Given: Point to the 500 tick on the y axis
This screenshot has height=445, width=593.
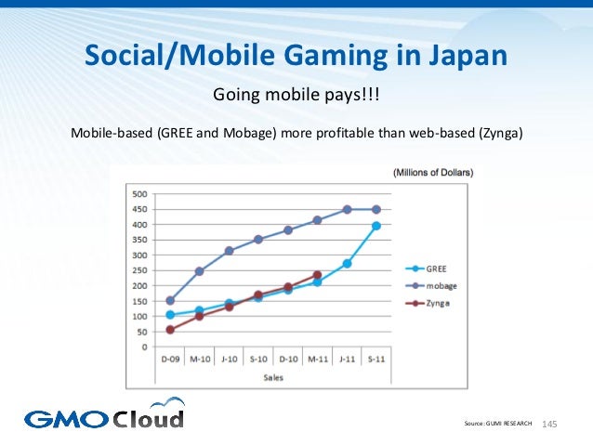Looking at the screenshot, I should pos(138,194).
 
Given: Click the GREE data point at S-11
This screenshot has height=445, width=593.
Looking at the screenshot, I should pos(376,226).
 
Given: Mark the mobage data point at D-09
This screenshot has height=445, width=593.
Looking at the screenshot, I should pos(170,301).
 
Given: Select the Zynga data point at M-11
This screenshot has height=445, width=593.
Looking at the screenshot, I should pos(317,275).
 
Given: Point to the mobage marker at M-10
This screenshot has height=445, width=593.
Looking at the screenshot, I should pos(199,271).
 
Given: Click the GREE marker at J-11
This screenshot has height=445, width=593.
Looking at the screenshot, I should pos(347,264).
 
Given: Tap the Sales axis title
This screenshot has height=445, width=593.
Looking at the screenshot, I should pos(272,378).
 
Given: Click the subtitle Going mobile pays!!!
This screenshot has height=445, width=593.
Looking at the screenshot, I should pos(296,96).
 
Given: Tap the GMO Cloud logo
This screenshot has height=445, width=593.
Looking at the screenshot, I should pos(104,415).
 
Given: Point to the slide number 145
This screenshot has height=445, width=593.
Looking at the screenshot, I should pos(547,424).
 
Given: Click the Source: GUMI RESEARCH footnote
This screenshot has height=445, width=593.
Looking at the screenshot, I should pos(497,424).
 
